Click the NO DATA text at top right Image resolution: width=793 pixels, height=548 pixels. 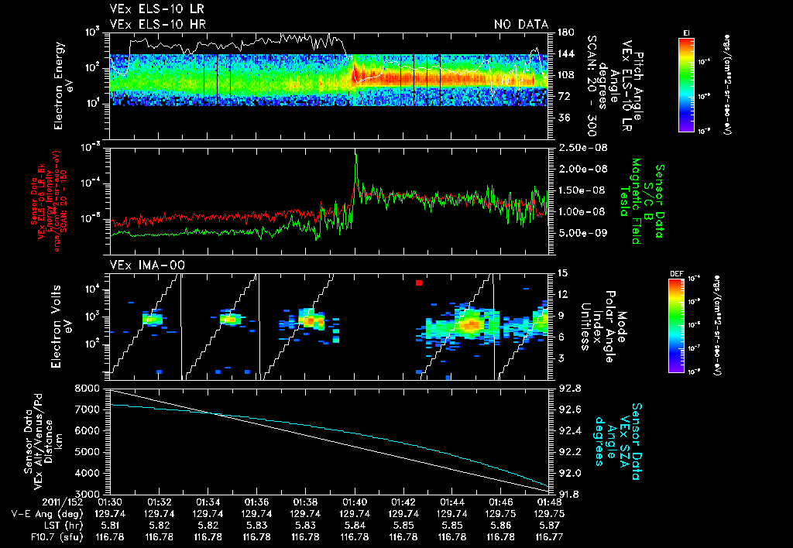click(x=520, y=25)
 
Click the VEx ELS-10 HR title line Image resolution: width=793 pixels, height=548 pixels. click(x=157, y=25)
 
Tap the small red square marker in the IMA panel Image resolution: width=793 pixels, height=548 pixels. click(x=418, y=283)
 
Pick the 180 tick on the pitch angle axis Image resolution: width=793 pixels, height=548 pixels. click(x=564, y=33)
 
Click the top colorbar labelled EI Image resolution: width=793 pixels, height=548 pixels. click(x=686, y=81)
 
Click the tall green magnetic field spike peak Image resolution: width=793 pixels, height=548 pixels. click(x=355, y=154)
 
